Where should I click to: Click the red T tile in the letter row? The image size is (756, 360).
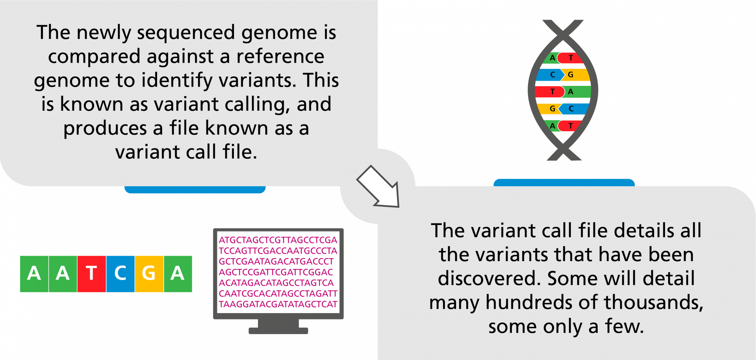91,274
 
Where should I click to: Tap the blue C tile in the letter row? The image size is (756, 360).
120,274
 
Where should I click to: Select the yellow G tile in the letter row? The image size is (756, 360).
149,274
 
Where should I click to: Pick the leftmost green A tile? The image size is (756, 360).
34,274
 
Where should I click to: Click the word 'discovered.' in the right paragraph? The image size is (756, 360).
489,278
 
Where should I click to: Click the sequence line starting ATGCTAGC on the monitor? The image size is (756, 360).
278,240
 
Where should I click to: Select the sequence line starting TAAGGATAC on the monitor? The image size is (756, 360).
278,304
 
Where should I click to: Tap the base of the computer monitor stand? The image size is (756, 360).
278,331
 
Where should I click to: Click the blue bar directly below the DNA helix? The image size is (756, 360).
564,182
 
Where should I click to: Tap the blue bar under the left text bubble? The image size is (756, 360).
195,189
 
